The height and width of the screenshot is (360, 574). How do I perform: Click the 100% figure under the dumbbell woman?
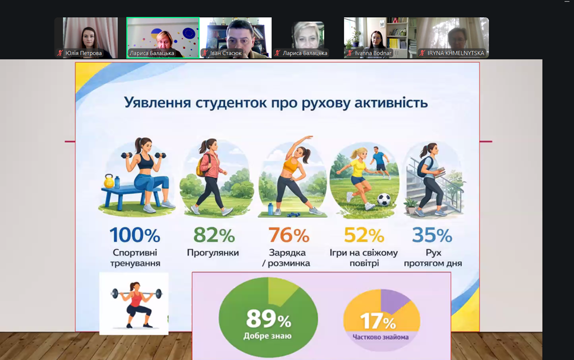pos(135,235)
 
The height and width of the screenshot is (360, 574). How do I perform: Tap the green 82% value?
pos(214,235)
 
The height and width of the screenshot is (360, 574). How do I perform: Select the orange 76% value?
pos(288,235)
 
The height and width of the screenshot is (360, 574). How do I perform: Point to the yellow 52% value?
pos(364,235)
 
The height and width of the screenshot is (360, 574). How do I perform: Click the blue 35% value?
pos(432,235)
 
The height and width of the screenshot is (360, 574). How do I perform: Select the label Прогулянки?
pos(213,253)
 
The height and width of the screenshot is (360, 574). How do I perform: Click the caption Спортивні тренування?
pos(135,258)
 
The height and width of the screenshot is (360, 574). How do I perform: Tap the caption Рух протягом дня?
pos(433,258)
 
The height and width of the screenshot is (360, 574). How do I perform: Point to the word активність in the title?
pos(386,103)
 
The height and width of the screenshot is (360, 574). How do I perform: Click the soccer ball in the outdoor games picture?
pos(384,201)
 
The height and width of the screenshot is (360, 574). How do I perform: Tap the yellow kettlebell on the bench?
pos(109,182)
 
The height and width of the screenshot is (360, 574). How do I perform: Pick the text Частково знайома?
pos(381,337)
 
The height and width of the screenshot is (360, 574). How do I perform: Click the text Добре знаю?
pos(268,336)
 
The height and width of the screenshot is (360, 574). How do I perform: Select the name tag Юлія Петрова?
pos(83,53)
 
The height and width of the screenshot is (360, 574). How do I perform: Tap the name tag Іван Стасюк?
pos(226,53)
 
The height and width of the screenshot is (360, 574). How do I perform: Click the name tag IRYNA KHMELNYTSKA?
pos(456,53)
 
